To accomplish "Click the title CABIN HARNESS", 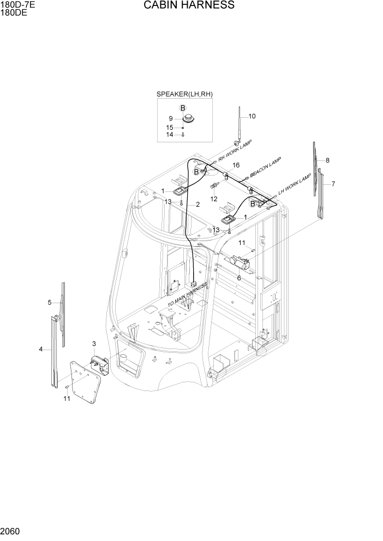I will (189, 5).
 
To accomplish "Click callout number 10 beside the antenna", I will (252, 116).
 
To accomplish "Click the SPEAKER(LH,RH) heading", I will (184, 94).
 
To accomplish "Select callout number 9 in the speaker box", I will (171, 118).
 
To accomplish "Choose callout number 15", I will (170, 128).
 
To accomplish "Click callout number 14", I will (170, 134).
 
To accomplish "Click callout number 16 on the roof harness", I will (236, 165).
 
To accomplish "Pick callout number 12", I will (214, 199).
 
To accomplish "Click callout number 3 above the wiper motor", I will (94, 344).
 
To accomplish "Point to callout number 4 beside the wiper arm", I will (41, 349).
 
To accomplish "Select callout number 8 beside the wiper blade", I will (327, 160).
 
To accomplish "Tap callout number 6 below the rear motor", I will (238, 278).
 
